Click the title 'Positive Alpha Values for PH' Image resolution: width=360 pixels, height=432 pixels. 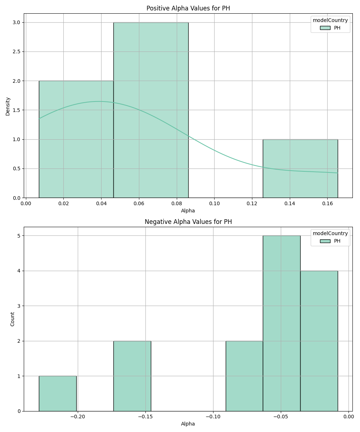(x=188, y=8)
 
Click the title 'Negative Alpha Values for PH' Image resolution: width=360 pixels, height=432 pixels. (x=188, y=222)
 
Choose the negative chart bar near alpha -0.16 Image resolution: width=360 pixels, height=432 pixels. (x=132, y=376)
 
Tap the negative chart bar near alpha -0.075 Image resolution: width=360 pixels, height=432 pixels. (x=244, y=376)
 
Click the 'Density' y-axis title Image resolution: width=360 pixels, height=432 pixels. (x=8, y=106)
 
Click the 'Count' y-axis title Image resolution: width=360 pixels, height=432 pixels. (x=13, y=319)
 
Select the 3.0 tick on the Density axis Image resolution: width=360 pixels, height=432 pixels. (x=16, y=22)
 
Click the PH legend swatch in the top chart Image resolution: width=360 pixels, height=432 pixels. (x=325, y=28)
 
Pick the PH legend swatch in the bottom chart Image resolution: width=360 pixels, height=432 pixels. (x=325, y=241)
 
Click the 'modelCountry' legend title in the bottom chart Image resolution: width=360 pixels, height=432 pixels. (x=330, y=233)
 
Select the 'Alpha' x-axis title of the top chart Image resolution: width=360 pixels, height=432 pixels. (x=188, y=211)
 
